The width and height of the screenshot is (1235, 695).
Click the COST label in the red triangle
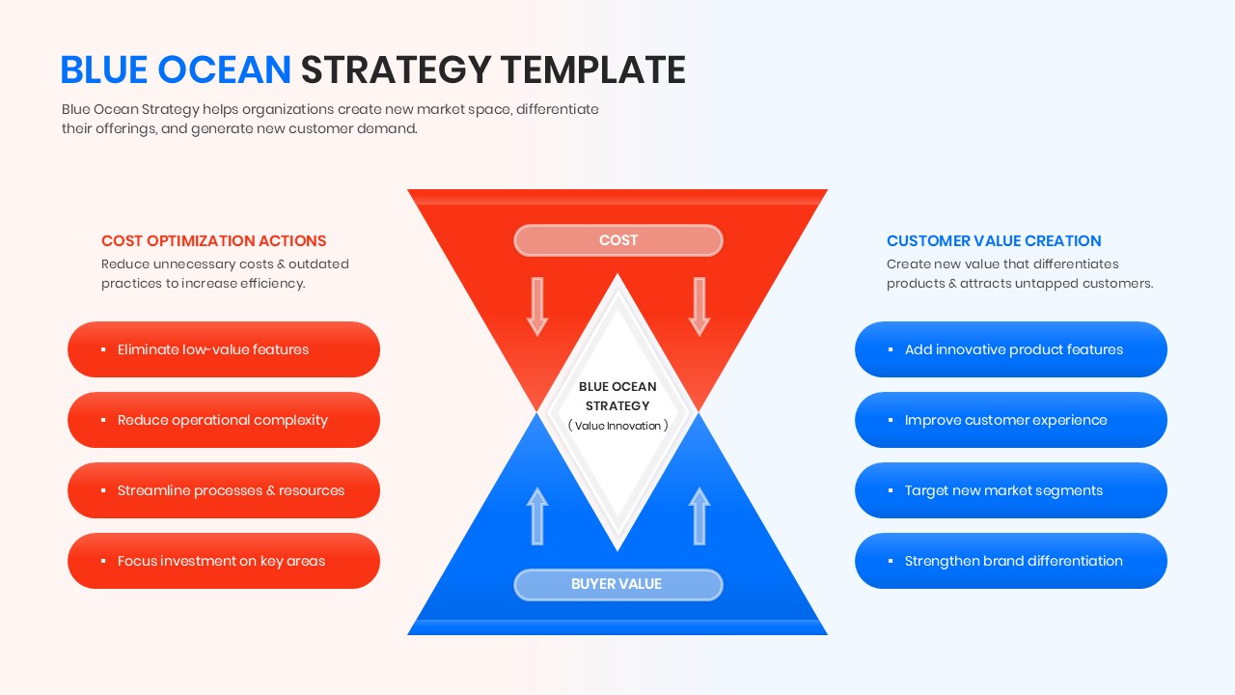pyautogui.click(x=617, y=240)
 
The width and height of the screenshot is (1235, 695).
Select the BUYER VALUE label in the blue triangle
pyautogui.click(x=617, y=584)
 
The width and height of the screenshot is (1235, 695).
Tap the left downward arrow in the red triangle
pyautogui.click(x=537, y=306)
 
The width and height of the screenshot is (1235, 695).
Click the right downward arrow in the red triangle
pyautogui.click(x=700, y=306)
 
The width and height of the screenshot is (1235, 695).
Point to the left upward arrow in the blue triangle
pyautogui.click(x=537, y=515)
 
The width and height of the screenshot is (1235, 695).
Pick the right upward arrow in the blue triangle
pyautogui.click(x=700, y=515)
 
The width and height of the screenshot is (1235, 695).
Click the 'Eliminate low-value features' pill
pyautogui.click(x=224, y=349)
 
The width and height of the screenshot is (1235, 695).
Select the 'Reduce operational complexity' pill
pyautogui.click(x=224, y=420)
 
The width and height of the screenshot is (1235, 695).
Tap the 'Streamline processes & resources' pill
pyautogui.click(x=224, y=490)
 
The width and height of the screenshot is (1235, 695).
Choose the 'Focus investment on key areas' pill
pyautogui.click(x=224, y=561)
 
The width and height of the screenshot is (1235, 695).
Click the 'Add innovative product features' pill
pyautogui.click(x=1010, y=349)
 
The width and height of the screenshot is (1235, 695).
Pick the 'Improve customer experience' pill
pyautogui.click(x=1010, y=420)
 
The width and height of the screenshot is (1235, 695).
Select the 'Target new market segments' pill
pyautogui.click(x=1010, y=490)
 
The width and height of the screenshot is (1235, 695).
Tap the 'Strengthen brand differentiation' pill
pyautogui.click(x=1010, y=561)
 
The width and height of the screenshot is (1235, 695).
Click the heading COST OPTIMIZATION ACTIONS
pyautogui.click(x=214, y=241)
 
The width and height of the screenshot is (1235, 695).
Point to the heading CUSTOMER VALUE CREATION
pyautogui.click(x=994, y=241)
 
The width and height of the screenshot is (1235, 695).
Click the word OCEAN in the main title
pyautogui.click(x=224, y=70)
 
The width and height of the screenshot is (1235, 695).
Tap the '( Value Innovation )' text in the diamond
pyautogui.click(x=617, y=426)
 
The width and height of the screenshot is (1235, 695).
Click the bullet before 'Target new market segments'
pyautogui.click(x=891, y=491)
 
